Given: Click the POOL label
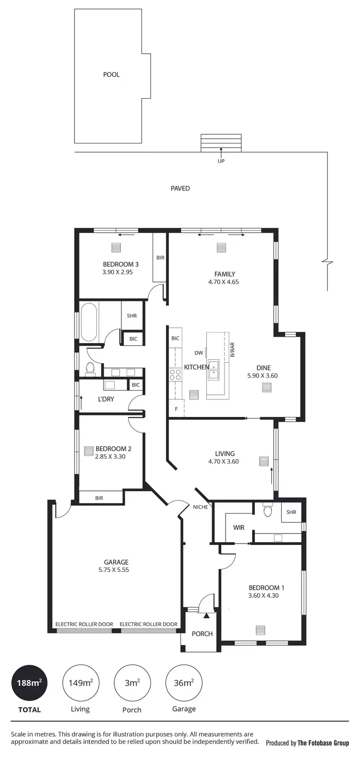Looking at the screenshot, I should tap(111, 74).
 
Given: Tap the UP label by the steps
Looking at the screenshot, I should tap(221, 161).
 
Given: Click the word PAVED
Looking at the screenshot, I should tap(180, 189).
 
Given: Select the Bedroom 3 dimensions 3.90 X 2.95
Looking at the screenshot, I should tap(117, 272).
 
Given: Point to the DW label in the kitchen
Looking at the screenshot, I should tap(199, 353).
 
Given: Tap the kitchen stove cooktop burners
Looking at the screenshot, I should tap(175, 374).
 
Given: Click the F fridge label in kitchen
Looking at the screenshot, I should tap(176, 409).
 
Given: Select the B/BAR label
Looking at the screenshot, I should tap(232, 349).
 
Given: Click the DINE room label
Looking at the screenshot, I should tap(263, 368).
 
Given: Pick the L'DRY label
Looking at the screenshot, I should tap(106, 399).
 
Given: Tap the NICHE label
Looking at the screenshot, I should tap(200, 507).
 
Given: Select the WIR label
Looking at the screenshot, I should tap(239, 527).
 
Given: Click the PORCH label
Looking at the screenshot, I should tap(202, 634).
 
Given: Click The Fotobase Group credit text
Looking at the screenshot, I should tap(323, 743).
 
